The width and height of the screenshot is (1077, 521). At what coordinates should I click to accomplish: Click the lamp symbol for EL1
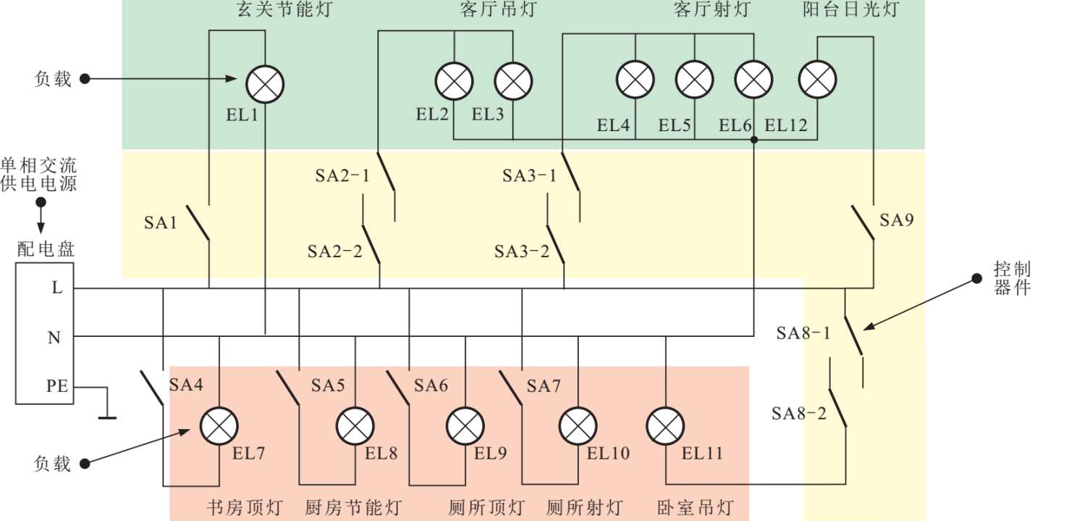265,84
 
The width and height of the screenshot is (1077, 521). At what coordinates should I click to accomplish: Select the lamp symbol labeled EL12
818,79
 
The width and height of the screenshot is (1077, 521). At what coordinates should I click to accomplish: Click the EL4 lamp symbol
635,79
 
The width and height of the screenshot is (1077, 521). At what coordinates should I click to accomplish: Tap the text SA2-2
334,251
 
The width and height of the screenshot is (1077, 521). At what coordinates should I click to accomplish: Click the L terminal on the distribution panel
57,288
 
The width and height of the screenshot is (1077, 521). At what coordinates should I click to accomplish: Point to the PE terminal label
57,386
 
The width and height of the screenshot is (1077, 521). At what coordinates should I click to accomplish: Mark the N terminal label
54,337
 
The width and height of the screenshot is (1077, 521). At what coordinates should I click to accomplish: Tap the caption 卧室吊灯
695,507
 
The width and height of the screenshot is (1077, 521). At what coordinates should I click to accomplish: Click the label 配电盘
45,250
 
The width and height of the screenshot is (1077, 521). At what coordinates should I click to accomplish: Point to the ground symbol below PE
107,417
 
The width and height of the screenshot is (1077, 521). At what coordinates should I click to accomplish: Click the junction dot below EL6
754,139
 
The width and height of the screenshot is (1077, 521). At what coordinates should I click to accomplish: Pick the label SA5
328,385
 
